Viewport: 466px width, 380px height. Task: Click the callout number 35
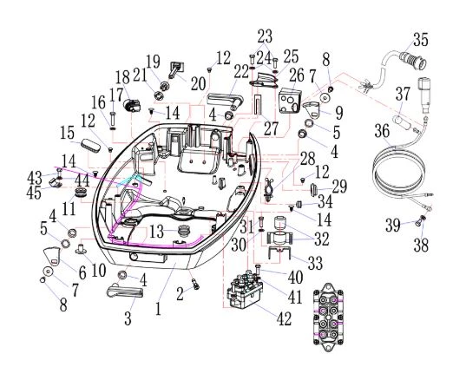click(420, 40)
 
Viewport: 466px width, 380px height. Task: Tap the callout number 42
click(284, 318)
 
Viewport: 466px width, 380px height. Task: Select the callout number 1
click(158, 308)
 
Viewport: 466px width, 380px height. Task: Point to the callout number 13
click(156, 232)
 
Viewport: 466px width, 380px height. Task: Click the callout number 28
click(307, 159)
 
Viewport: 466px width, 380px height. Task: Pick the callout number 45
click(34, 193)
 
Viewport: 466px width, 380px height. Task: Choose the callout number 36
click(382, 131)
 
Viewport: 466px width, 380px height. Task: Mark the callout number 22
click(241, 72)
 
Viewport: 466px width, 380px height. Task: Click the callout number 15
click(67, 133)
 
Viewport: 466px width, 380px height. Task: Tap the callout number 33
click(315, 263)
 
